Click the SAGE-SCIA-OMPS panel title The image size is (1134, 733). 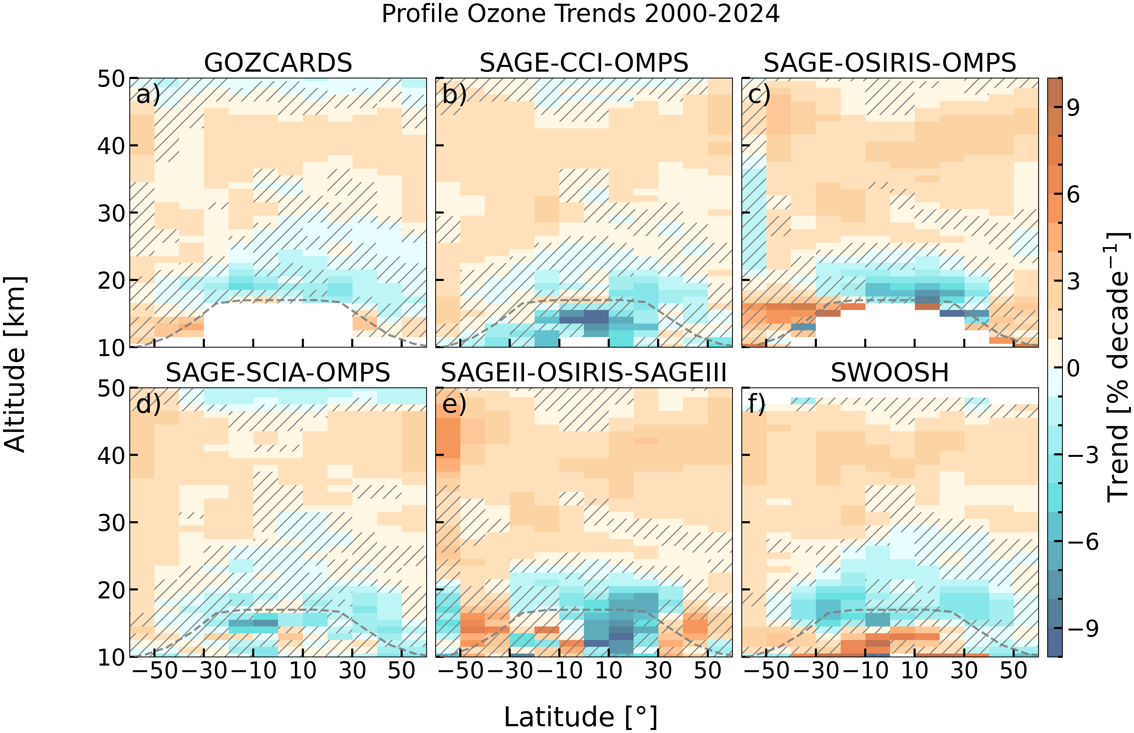pos(278,373)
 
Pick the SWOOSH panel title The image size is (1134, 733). pos(890,373)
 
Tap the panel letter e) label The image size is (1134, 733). pos(454,404)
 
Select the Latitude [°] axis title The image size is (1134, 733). pos(580,717)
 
